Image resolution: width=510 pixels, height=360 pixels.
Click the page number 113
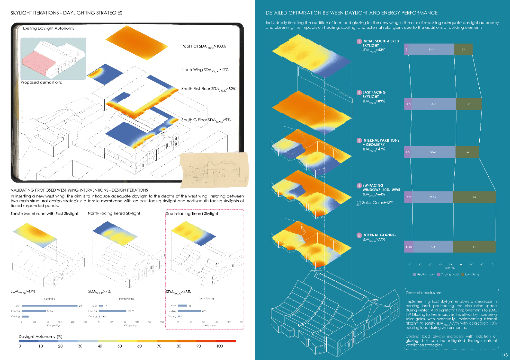point(504,355)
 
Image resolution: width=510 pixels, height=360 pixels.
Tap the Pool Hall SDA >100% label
point(203,46)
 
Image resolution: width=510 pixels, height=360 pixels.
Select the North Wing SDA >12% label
point(205,70)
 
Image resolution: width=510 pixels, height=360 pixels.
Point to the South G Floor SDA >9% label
point(206,120)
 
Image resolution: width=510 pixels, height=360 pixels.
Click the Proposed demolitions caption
point(41,82)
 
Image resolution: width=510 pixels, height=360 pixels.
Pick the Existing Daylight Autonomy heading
point(49,28)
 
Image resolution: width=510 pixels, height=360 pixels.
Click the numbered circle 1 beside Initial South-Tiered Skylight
point(359,41)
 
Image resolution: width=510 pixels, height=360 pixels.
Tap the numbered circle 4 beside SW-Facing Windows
point(359,186)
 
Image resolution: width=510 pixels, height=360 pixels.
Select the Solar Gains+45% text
point(377,203)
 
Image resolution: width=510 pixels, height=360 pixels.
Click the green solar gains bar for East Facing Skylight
point(469,104)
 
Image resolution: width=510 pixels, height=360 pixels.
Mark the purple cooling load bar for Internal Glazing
point(408,247)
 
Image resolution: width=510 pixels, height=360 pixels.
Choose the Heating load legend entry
point(424,274)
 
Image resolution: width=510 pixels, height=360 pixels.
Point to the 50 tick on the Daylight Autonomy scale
point(120,346)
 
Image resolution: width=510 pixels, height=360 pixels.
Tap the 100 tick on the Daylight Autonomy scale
point(220,346)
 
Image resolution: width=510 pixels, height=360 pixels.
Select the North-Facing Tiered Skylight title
point(114,213)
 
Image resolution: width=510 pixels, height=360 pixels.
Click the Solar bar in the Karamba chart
point(50,306)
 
